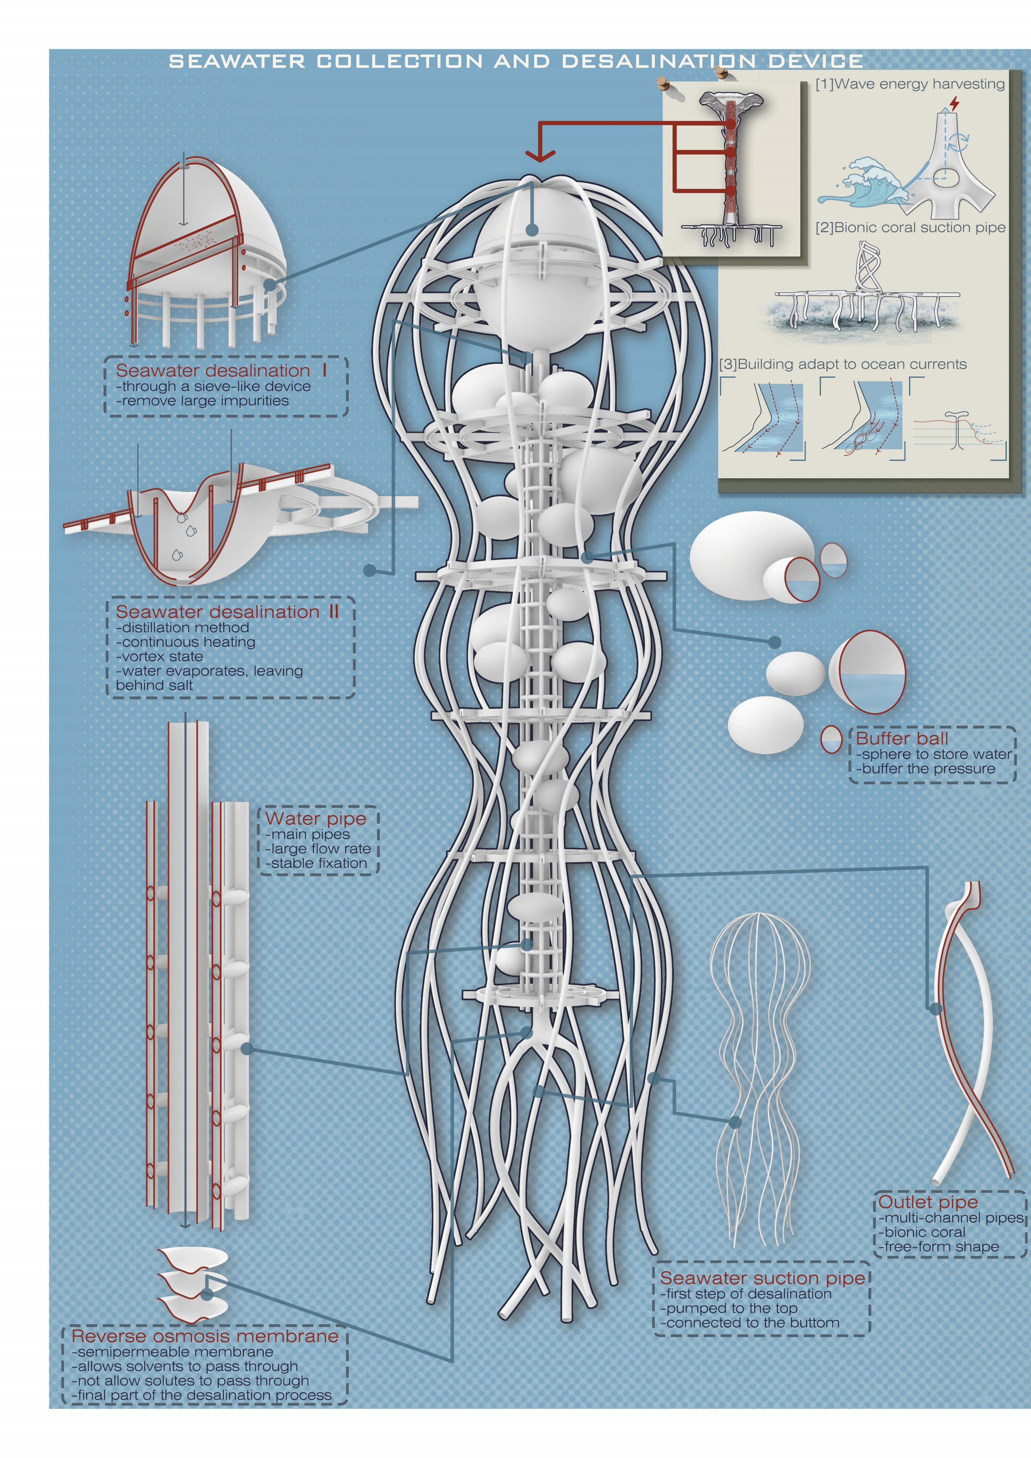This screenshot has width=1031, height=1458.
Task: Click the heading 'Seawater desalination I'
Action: coord(221,371)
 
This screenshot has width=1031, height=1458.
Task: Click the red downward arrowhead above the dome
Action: coord(540,156)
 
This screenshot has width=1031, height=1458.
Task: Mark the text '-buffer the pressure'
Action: coord(926,769)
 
